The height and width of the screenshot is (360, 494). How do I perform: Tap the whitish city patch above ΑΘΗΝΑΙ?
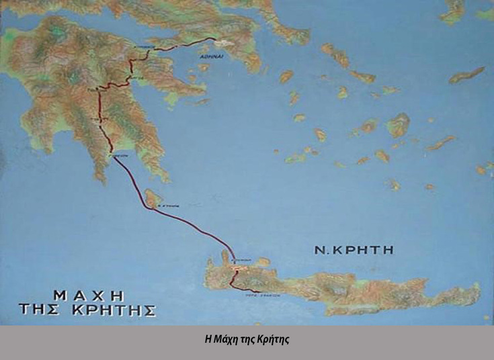222,44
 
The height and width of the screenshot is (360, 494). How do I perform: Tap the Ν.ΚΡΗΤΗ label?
354,251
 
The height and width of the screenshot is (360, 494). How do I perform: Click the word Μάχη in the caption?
231,339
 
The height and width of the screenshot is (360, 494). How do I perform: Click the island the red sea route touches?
154,198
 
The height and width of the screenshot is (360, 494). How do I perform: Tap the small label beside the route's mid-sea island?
173,207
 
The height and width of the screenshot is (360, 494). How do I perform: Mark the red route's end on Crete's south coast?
259,291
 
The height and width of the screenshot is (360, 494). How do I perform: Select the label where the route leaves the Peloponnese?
119,152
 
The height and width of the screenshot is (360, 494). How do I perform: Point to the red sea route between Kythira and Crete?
202,232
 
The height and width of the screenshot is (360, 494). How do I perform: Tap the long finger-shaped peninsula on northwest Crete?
224,257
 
